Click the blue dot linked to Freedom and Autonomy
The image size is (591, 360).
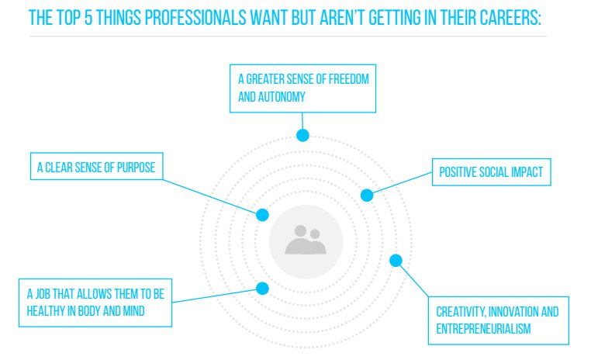(x=303, y=135)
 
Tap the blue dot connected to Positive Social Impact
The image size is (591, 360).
(x=367, y=196)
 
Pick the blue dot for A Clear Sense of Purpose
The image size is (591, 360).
(x=262, y=214)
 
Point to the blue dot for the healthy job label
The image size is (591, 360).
(x=262, y=289)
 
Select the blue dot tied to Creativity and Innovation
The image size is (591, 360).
(x=396, y=261)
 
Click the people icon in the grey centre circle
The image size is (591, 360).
(x=306, y=241)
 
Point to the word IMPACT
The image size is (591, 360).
(x=528, y=172)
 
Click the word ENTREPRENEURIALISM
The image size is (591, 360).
(x=483, y=328)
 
